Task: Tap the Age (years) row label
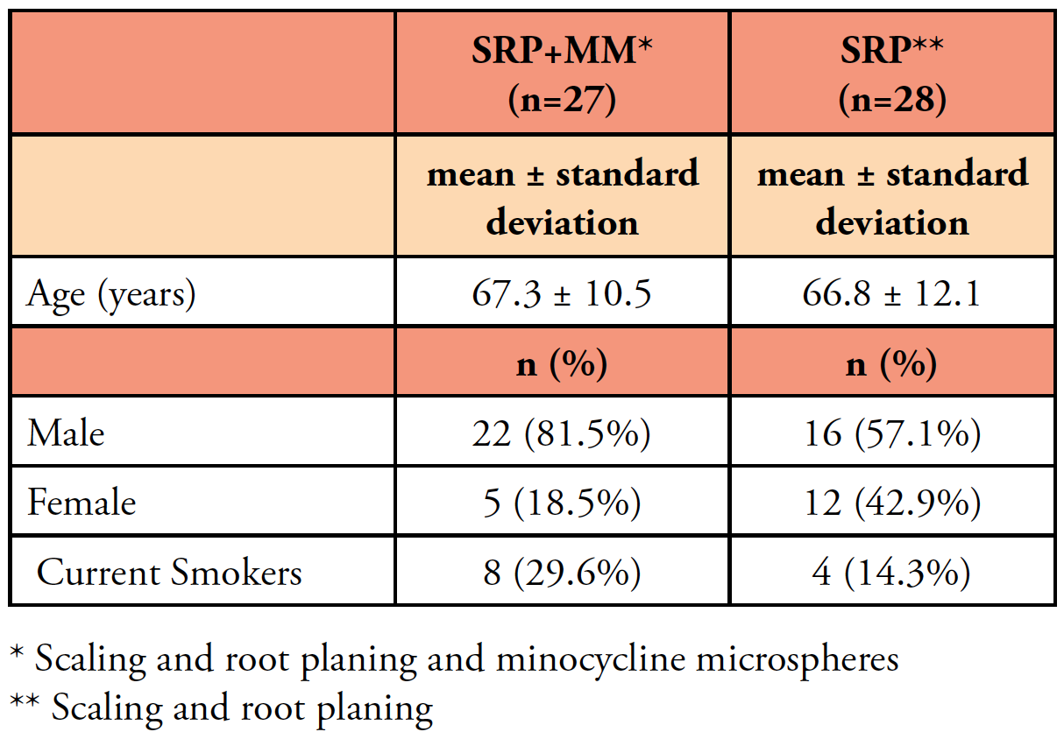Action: [x=111, y=294]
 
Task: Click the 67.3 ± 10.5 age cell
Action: [x=562, y=294]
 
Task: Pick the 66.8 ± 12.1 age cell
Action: [x=891, y=294]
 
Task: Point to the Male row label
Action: [x=66, y=433]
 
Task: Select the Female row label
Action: [x=82, y=503]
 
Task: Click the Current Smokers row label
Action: [x=169, y=573]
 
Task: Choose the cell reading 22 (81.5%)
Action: [x=562, y=433]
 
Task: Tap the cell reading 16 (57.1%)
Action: [x=891, y=433]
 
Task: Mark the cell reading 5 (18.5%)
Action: [x=562, y=503]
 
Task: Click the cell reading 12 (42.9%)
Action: [x=891, y=503]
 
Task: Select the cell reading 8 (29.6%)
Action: [x=562, y=573]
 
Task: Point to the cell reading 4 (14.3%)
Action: [x=891, y=573]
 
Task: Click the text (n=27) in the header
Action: [x=562, y=102]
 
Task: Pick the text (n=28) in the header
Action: [x=891, y=102]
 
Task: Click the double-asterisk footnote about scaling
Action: [x=221, y=707]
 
